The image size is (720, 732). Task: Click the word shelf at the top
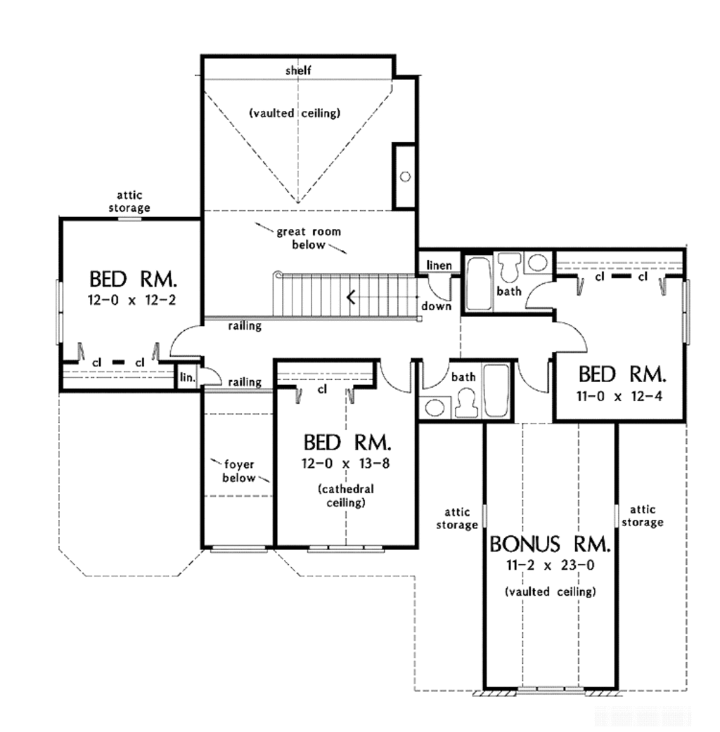pos(298,70)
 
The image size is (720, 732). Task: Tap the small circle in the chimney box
pos(406,176)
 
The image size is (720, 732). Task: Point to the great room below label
pos(302,238)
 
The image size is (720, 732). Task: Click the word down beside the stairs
pos(436,306)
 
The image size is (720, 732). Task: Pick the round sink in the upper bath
pos(538,263)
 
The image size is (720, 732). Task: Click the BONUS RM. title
pos(550,544)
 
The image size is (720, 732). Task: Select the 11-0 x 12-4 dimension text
pos(619,396)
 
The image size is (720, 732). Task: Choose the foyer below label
pos(238,470)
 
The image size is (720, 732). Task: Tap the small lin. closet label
pos(187,377)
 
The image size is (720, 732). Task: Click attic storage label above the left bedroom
pos(133,202)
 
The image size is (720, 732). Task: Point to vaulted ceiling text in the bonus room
pos(550,592)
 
